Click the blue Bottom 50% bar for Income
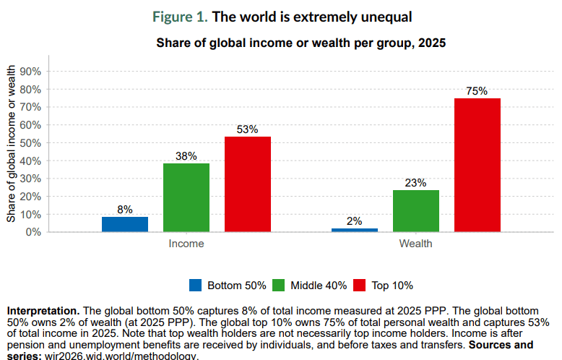click(125, 224)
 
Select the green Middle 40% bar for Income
click(186, 197)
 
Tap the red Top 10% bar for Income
click(248, 184)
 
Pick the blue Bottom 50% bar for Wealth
click(354, 230)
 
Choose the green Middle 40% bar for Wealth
click(416, 211)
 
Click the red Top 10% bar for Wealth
click(477, 165)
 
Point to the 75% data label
click(477, 91)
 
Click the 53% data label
click(248, 130)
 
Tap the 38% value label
click(186, 157)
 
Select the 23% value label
click(416, 184)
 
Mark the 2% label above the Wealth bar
click(354, 221)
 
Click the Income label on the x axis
click(186, 244)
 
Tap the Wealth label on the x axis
click(416, 244)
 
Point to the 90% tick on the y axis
click(31, 72)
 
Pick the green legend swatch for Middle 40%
click(279, 285)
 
